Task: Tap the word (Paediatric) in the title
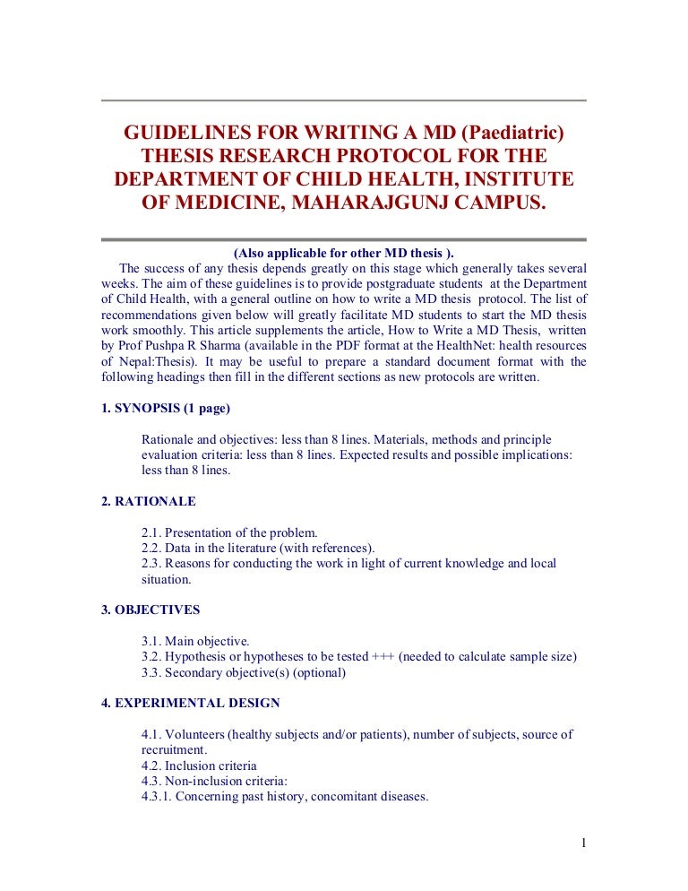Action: (509, 134)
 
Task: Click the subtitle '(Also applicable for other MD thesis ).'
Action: (343, 254)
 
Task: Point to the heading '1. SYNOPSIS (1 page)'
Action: (166, 409)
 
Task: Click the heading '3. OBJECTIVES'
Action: (150, 610)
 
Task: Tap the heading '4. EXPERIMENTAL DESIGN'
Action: (191, 703)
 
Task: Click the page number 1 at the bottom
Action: (582, 843)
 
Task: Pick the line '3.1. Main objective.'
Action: (195, 641)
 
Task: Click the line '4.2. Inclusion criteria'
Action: (199, 766)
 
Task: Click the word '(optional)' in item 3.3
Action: (316, 672)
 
